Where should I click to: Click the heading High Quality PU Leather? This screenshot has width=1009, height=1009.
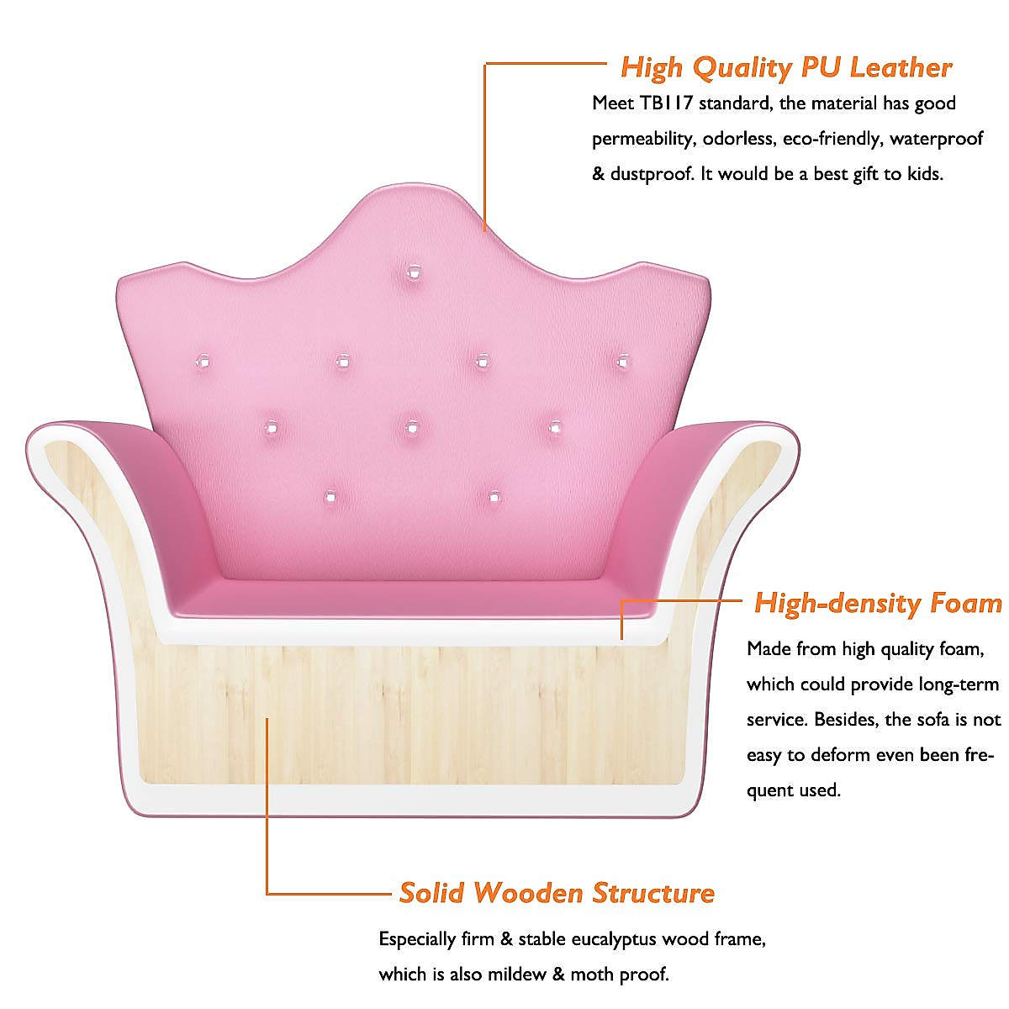pos(785,67)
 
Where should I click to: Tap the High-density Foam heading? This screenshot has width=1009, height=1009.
pos(878,603)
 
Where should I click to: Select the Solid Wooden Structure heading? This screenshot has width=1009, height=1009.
pos(557,892)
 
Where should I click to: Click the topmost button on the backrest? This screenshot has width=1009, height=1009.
pos(413,272)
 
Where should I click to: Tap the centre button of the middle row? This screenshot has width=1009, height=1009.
pos(411,427)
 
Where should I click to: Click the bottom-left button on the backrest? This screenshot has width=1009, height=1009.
pos(330,495)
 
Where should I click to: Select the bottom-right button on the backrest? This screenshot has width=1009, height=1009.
pos(494,497)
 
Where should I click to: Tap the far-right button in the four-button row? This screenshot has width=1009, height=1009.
pos(622,362)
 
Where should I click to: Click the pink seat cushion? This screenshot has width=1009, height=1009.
pos(412,599)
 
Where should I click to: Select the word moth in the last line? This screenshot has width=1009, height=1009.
pos(590,975)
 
